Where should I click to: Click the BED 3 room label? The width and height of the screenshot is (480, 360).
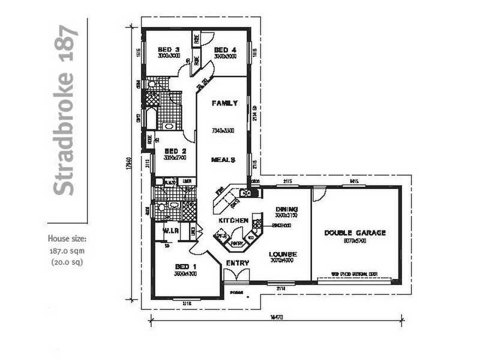pyautogui.click(x=169, y=49)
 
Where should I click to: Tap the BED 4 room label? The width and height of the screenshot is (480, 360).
pyautogui.click(x=225, y=49)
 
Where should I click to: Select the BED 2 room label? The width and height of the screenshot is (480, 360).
pyautogui.click(x=175, y=151)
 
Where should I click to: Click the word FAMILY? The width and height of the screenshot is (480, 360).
pyautogui.click(x=224, y=103)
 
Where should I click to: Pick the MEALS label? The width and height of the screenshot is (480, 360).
pyautogui.click(x=223, y=160)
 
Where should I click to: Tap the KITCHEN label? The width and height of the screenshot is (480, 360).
pyautogui.click(x=233, y=221)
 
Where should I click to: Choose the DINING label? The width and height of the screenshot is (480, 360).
pyautogui.click(x=287, y=209)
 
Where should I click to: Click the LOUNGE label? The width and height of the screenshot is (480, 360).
pyautogui.click(x=283, y=254)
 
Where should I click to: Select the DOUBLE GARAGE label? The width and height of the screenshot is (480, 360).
pyautogui.click(x=355, y=233)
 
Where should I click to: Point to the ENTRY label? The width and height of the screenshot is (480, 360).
pyautogui.click(x=238, y=263)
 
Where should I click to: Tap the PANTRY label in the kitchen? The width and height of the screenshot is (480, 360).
pyautogui.click(x=236, y=244)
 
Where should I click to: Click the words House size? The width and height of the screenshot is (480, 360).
pyautogui.click(x=68, y=239)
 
